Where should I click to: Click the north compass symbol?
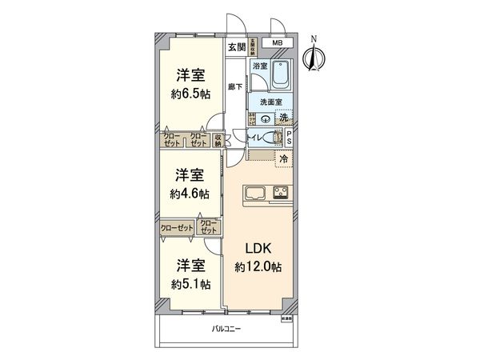tap(314, 54)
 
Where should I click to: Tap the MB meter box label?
tap(277, 42)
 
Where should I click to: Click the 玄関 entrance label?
tap(235, 46)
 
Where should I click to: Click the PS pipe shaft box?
tap(289, 138)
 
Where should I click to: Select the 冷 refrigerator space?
tap(283, 160)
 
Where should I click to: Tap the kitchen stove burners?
tap(282, 192)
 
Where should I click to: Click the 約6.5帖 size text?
tap(190, 93)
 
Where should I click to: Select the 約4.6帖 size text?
tap(190, 193)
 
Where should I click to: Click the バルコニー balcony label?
tap(226, 329)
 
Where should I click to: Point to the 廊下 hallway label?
tap(234, 87)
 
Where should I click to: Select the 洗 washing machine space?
tap(284, 118)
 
